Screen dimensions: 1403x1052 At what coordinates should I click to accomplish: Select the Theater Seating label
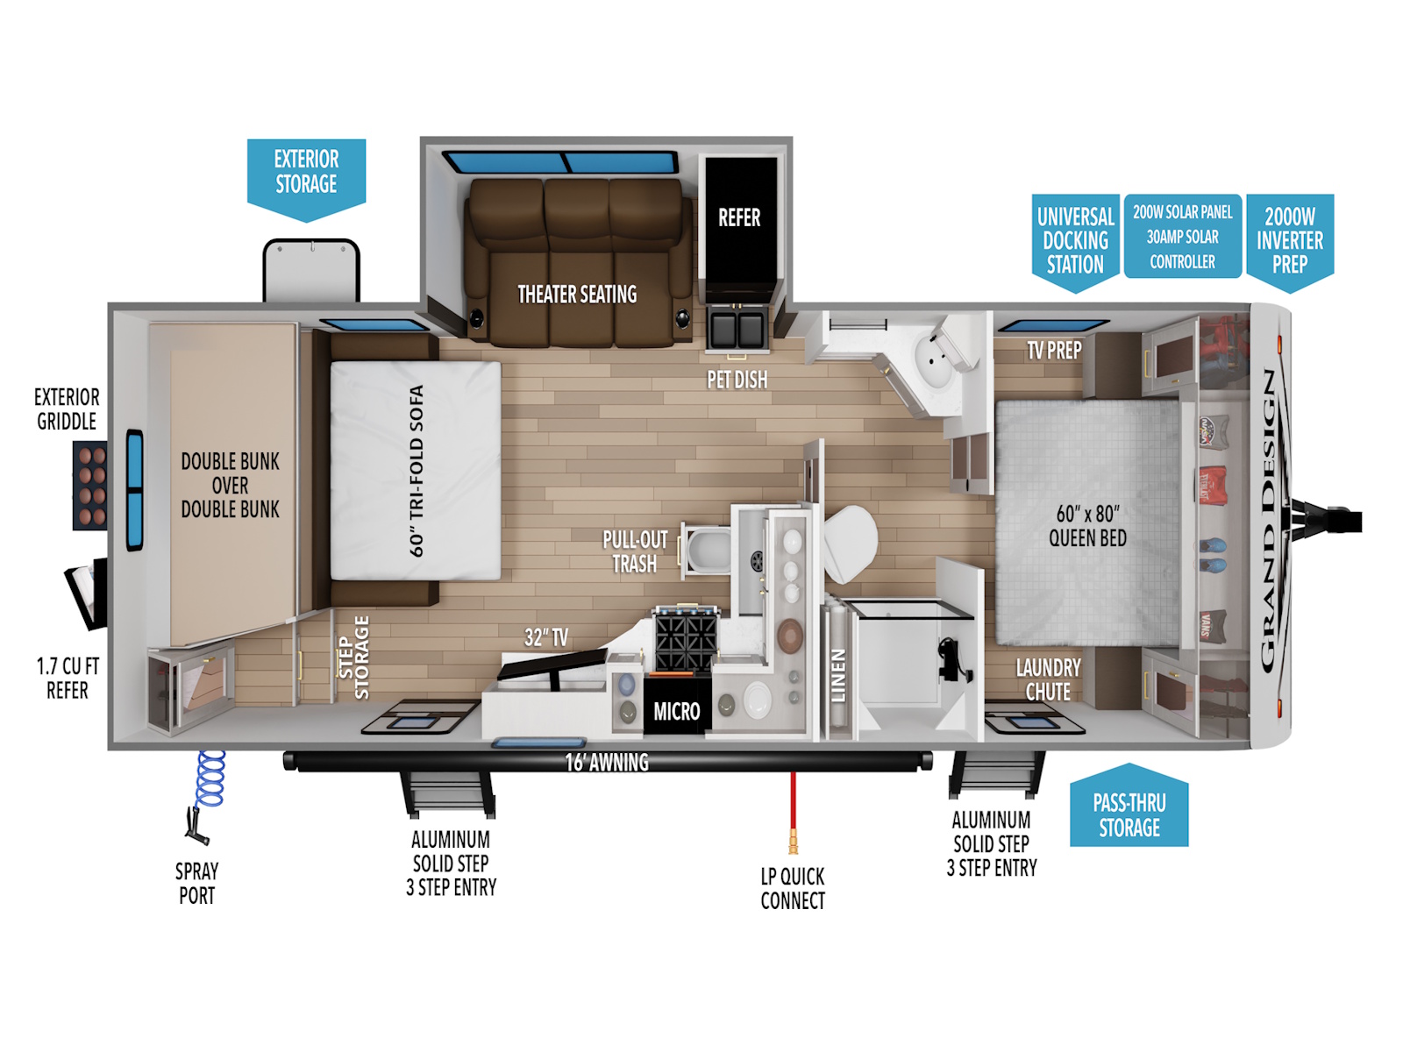point(577,295)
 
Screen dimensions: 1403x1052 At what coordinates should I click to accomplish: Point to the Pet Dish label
point(737,380)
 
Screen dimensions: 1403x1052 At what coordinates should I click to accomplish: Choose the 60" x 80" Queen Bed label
point(1087,526)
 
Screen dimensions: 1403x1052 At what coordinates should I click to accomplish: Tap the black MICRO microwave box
point(677,710)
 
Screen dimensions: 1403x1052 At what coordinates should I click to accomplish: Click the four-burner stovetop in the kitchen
point(685,641)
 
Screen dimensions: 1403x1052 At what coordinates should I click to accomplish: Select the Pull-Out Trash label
point(636,552)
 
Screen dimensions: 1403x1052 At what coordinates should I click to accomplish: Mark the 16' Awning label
point(607,762)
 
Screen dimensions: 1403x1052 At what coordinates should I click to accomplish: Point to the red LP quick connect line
point(793,811)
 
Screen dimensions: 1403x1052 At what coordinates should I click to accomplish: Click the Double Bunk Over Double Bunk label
point(230,486)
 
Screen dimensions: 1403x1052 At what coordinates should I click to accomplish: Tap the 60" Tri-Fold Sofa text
point(417,472)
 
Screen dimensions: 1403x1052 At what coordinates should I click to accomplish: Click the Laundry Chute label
point(1048,679)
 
